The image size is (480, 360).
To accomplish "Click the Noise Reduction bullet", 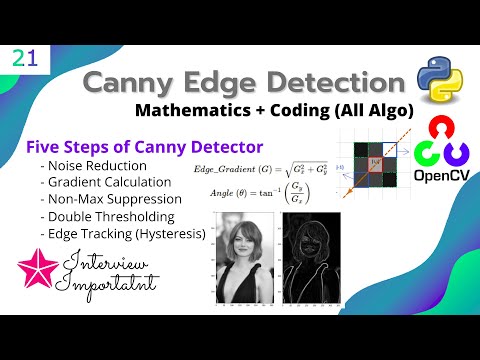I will (x=93, y=165).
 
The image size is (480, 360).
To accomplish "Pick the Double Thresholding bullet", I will (x=105, y=216).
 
